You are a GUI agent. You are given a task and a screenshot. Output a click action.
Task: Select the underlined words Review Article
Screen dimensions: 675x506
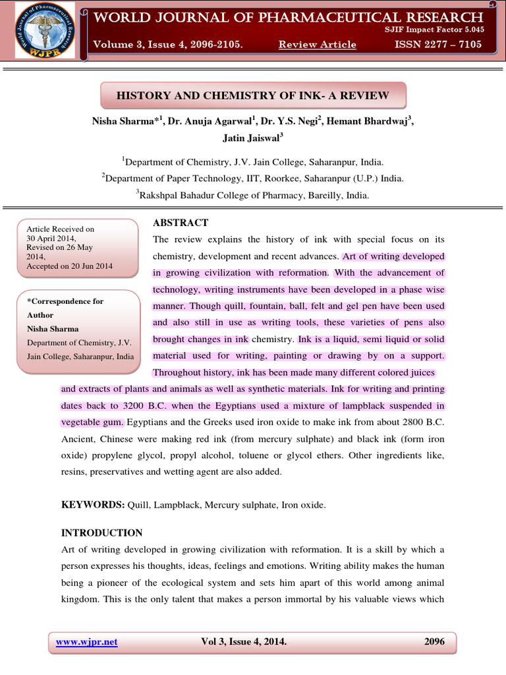(317, 45)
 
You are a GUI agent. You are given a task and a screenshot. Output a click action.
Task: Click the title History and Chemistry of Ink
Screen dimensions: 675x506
(253, 96)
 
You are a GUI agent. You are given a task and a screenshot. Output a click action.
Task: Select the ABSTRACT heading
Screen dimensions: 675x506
(181, 223)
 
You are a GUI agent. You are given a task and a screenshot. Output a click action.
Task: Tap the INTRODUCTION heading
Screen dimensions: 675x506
(101, 533)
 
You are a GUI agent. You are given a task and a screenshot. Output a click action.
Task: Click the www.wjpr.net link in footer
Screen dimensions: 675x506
(87, 642)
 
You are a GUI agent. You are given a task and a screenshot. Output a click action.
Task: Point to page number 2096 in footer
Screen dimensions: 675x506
(435, 642)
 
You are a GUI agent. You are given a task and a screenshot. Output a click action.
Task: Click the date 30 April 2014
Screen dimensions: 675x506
(51, 239)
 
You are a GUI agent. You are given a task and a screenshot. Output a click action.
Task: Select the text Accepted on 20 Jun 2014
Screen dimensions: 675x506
(69, 266)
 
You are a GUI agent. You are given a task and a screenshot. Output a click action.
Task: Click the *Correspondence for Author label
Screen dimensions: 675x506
(65, 308)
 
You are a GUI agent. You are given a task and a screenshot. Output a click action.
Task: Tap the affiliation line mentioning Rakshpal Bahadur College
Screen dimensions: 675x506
(253, 195)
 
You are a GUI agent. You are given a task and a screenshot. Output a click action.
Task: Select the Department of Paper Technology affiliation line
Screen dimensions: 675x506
(253, 178)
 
